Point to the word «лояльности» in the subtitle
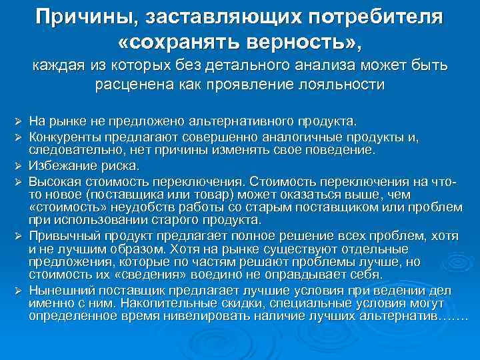pyautogui.click(x=337, y=85)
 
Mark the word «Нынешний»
pyautogui.click(x=58, y=290)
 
